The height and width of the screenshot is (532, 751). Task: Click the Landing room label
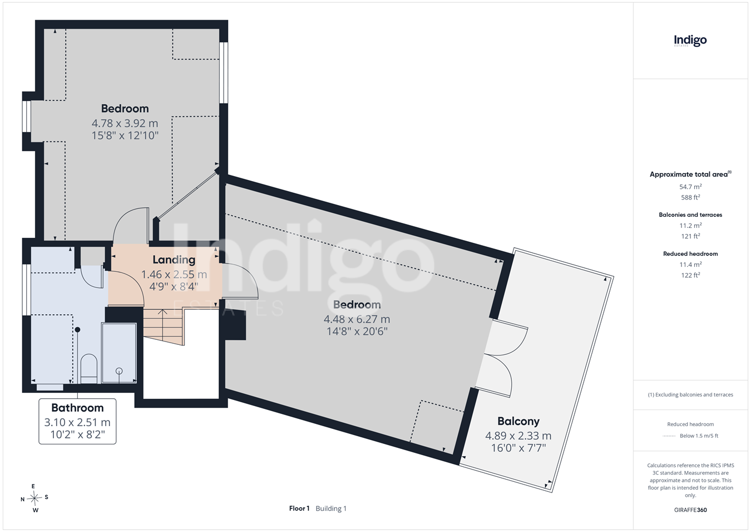(174, 260)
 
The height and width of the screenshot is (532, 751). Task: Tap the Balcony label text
(518, 421)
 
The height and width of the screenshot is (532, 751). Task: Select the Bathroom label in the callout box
(77, 407)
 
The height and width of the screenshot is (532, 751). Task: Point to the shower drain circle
(119, 371)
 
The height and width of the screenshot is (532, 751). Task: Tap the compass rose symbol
(34, 498)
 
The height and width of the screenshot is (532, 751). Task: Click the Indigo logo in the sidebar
(690, 41)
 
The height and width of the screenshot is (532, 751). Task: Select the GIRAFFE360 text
(690, 510)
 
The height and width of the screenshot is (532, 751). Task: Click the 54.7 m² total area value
(690, 187)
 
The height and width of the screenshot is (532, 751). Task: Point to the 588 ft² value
(690, 197)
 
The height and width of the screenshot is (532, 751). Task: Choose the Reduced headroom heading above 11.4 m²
(690, 254)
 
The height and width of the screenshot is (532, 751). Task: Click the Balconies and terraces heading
(690, 215)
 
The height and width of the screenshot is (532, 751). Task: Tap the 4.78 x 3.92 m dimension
(125, 123)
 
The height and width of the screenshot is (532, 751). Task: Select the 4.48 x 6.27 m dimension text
(357, 319)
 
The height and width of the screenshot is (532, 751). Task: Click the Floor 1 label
(299, 509)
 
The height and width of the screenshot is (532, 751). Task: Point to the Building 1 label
(331, 509)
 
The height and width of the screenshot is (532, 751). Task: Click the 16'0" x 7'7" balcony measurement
(518, 448)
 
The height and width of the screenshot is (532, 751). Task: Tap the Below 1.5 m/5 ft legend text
(699, 436)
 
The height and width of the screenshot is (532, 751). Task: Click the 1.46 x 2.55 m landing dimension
(174, 275)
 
